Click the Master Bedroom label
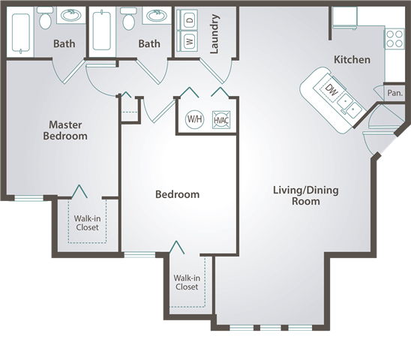(65, 130)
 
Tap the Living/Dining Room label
(306, 196)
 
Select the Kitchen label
(352, 60)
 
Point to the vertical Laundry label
(214, 34)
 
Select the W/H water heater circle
(194, 119)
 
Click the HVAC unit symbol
(221, 120)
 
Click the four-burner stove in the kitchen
(394, 38)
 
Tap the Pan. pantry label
(394, 93)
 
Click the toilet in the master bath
(45, 18)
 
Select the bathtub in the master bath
(21, 32)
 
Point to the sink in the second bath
(157, 16)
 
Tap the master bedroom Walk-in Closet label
(87, 223)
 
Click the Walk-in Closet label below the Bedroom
(187, 283)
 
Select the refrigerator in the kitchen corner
(345, 17)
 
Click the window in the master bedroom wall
(28, 198)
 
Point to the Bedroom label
(178, 194)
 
